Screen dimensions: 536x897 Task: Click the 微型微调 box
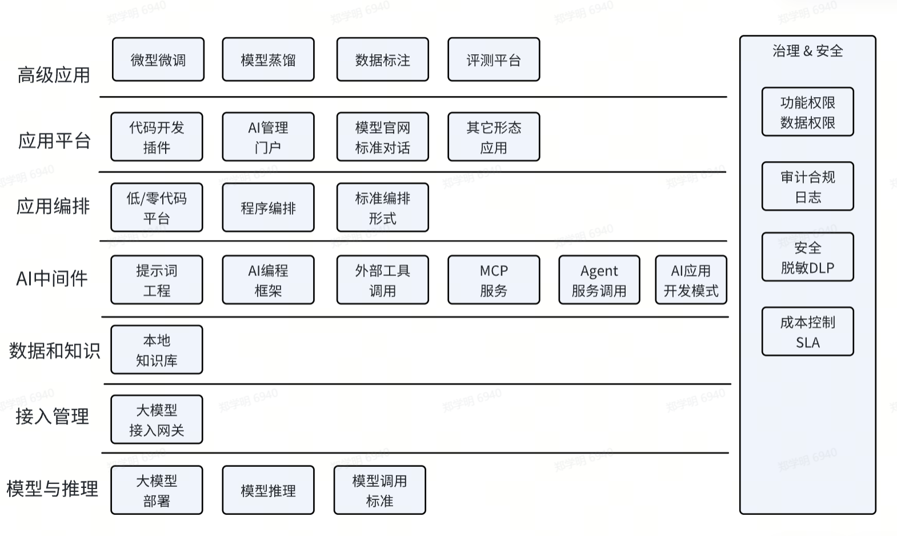[158, 59]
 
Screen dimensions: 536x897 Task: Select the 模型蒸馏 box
[268, 59]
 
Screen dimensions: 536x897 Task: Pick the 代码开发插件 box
[157, 137]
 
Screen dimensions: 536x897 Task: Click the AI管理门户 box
[268, 137]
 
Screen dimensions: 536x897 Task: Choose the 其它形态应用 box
[494, 137]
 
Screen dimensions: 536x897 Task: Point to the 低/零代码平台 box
[157, 207]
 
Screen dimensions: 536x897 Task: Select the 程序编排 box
[268, 207]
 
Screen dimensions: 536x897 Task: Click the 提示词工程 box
[157, 280]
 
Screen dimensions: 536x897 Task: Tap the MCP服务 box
[494, 280]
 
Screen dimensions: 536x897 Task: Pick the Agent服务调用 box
[599, 280]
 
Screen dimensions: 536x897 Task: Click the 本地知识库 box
[157, 350]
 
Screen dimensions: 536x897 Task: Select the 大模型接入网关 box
[157, 419]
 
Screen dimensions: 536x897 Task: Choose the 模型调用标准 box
[379, 490]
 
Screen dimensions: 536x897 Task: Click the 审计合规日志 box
[807, 186]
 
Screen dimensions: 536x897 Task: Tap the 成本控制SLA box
[807, 331]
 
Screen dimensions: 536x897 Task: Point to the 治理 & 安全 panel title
[807, 51]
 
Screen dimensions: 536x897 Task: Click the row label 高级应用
[54, 75]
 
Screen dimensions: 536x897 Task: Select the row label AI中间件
[52, 278]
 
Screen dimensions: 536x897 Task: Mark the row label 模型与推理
[53, 489]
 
